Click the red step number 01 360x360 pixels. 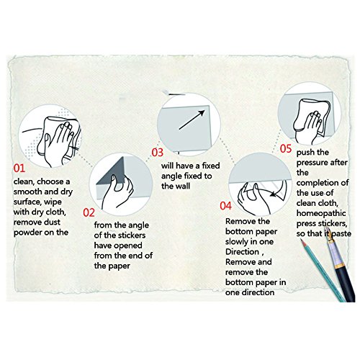(x=19, y=168)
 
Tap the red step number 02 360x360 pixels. (x=89, y=212)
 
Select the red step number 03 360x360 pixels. (x=158, y=153)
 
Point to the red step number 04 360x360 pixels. (x=226, y=206)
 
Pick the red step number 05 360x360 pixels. (x=286, y=148)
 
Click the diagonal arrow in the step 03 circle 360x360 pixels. (x=192, y=120)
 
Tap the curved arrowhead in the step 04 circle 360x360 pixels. (x=274, y=193)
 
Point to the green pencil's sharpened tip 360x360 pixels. (x=302, y=240)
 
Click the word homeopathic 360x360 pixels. (x=321, y=213)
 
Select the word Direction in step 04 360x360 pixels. (x=242, y=252)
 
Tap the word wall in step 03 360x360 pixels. (x=182, y=186)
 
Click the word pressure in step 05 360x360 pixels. (x=312, y=163)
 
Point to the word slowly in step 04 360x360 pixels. (x=236, y=242)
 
